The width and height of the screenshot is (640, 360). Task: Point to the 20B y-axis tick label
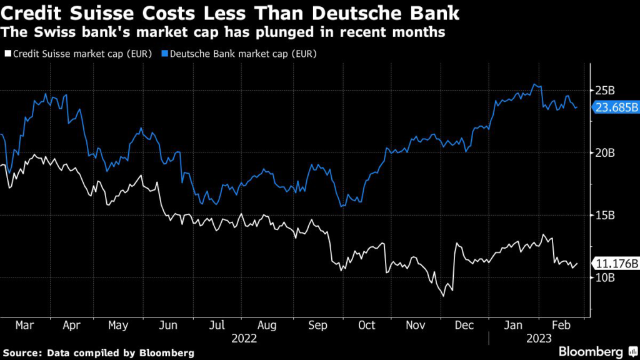pos(605,153)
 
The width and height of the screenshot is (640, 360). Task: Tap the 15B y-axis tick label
pos(605,216)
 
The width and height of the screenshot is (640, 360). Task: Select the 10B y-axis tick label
pos(605,277)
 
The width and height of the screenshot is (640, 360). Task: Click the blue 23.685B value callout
pos(616,107)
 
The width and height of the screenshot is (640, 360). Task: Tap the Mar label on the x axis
pos(24,325)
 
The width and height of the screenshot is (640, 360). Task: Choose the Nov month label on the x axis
pos(415,325)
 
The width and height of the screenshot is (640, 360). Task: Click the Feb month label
pos(560,325)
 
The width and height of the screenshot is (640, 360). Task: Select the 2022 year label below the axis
pos(244,338)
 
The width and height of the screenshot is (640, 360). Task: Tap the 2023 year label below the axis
pos(538,338)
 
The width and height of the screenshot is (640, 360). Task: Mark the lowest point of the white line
pos(444,296)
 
